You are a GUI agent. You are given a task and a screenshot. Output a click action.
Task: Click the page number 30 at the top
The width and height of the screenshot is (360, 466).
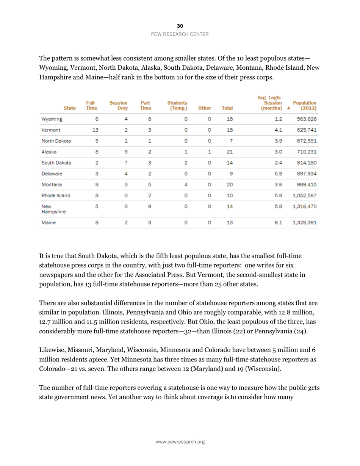[x=180, y=26]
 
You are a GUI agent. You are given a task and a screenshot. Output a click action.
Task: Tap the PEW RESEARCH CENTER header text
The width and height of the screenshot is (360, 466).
[x=180, y=34]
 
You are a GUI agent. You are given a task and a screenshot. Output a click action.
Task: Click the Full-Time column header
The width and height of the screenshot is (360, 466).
[x=91, y=105]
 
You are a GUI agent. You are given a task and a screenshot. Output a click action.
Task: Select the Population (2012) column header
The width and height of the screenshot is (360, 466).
[x=305, y=105]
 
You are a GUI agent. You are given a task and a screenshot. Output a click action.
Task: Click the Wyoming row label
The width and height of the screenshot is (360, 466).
[x=52, y=119]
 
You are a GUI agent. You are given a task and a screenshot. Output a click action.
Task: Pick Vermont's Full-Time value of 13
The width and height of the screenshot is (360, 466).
[x=95, y=130]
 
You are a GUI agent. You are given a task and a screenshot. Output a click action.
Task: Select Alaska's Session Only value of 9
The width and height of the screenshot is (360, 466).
[x=126, y=152]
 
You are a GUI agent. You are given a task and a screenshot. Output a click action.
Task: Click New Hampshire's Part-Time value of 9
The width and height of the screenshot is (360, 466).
[x=149, y=207]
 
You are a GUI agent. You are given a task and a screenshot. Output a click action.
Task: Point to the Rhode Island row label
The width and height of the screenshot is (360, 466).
[x=56, y=196]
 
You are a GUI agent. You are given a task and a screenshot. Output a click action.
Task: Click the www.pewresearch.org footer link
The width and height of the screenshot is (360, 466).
[x=180, y=442]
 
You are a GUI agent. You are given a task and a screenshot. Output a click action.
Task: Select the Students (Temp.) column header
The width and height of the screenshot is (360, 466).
[x=177, y=105]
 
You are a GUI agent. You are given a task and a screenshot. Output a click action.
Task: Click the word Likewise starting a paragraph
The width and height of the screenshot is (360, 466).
[x=52, y=350]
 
